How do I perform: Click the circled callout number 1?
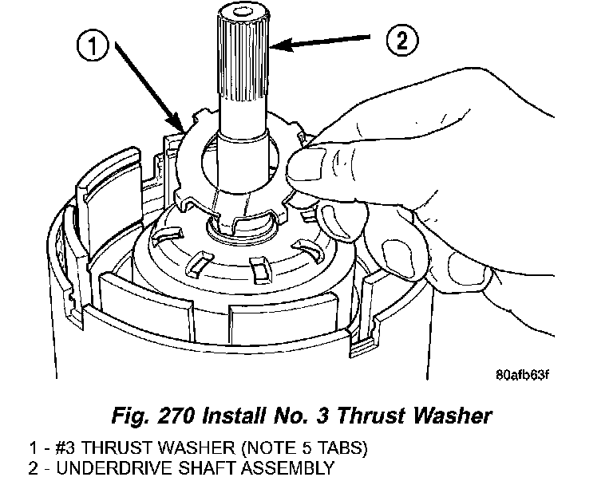click(93, 45)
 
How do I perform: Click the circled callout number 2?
click(402, 40)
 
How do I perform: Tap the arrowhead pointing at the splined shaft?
click(281, 45)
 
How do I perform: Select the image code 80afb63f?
click(523, 375)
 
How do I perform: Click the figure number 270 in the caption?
click(176, 416)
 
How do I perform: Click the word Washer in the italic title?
click(453, 416)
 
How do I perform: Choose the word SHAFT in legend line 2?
click(206, 467)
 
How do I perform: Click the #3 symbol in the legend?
click(65, 447)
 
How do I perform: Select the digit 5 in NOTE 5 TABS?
click(306, 447)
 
